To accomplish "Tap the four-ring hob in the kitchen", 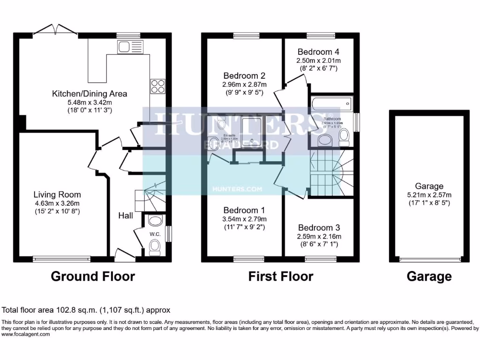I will [157, 87].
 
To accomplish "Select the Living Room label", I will [57, 195].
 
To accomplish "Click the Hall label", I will [125, 216].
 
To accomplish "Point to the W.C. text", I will [155, 234].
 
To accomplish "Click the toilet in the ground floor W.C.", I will [154, 246].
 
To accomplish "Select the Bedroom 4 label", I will [318, 52].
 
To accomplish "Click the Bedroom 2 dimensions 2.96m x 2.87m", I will [245, 84].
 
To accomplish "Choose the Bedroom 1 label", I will [240, 210].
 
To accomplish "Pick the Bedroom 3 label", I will [318, 228].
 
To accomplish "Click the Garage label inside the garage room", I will [429, 186].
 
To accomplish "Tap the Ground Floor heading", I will [92, 277].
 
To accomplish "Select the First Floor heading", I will [280, 277].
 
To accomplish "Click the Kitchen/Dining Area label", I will [90, 94].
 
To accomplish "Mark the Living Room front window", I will [61, 258].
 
